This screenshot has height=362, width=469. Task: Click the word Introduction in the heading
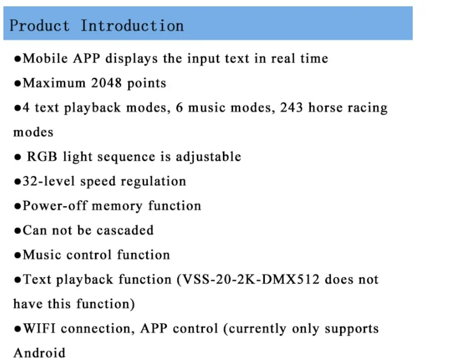click(132, 26)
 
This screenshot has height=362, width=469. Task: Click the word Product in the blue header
click(40, 26)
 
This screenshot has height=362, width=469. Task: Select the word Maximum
click(55, 84)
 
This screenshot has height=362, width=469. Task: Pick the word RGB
click(42, 157)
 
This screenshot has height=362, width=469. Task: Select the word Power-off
click(54, 206)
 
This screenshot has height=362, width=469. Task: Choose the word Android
click(39, 353)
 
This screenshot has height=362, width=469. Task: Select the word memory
click(117, 206)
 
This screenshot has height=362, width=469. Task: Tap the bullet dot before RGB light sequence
click(18, 157)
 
